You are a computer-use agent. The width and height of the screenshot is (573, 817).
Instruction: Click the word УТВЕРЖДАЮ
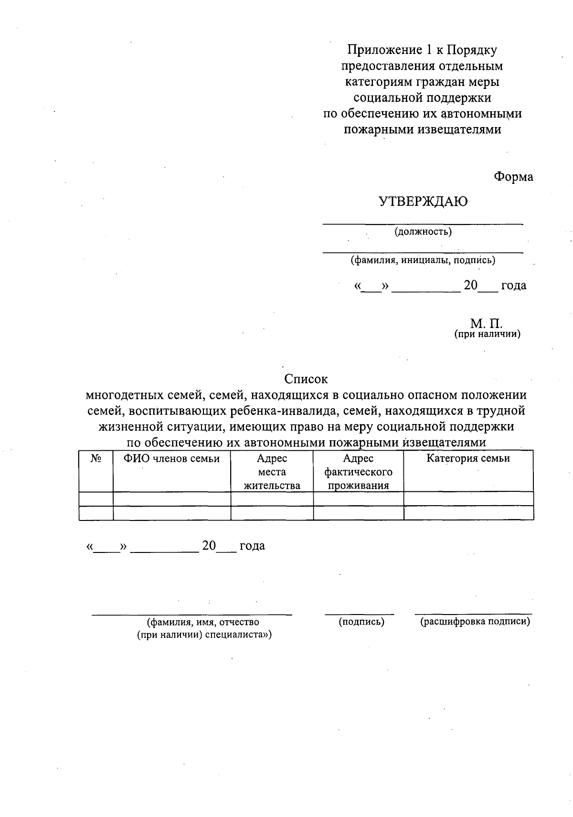(423, 202)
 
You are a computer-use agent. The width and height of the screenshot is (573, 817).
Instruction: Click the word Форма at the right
(513, 177)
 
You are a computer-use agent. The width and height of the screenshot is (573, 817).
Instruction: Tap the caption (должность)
(423, 232)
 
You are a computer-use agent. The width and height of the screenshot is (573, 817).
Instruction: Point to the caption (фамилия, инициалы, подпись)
(423, 260)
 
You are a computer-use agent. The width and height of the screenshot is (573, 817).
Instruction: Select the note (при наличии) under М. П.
(487, 334)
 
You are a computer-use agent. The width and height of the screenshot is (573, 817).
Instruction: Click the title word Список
(306, 379)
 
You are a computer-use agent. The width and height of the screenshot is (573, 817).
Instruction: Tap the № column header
(96, 458)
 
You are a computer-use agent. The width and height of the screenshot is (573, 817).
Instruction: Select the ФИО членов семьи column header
(172, 459)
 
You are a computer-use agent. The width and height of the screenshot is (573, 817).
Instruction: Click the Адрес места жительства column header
(272, 472)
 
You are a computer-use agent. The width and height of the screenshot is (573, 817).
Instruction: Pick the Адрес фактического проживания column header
(358, 472)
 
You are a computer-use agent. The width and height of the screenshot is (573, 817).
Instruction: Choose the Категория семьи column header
(468, 458)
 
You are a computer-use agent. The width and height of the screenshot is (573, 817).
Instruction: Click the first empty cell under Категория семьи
(468, 499)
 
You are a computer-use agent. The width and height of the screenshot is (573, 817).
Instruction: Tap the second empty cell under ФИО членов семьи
(172, 513)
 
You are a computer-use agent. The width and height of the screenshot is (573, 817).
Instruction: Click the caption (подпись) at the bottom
(361, 622)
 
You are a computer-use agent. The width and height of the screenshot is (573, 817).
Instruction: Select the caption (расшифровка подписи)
(475, 622)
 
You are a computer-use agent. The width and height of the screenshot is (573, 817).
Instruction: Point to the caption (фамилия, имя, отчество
(204, 622)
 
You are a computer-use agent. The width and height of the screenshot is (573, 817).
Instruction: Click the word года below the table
(252, 546)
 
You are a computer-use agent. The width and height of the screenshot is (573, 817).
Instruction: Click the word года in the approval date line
(513, 286)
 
